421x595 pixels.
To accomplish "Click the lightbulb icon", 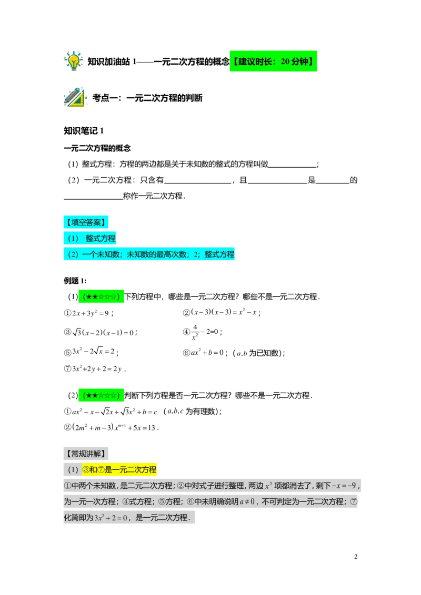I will (x=74, y=60).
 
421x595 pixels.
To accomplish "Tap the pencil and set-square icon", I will (x=75, y=98).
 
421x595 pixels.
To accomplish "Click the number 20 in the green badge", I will (x=285, y=61).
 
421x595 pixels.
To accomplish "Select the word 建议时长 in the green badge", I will (x=255, y=61).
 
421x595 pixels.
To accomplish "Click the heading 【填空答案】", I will (x=86, y=222).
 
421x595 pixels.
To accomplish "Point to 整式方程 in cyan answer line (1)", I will (x=101, y=238).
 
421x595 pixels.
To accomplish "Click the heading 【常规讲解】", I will (x=86, y=454).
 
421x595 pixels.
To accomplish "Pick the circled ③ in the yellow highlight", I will (x=86, y=469).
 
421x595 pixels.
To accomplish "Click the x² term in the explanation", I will (x=267, y=486).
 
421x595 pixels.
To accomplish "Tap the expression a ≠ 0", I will (x=247, y=502).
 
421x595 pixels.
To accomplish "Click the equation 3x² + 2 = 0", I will (x=111, y=518).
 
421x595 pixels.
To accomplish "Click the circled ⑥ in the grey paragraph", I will (x=191, y=502).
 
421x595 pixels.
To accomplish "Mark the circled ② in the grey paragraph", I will (x=180, y=486).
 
